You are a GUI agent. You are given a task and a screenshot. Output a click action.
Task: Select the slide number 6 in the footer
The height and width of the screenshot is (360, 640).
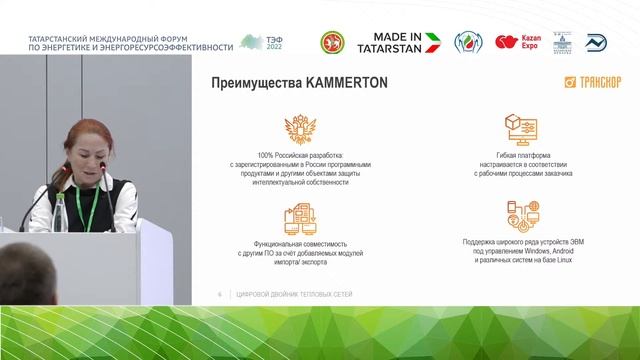(219, 293)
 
